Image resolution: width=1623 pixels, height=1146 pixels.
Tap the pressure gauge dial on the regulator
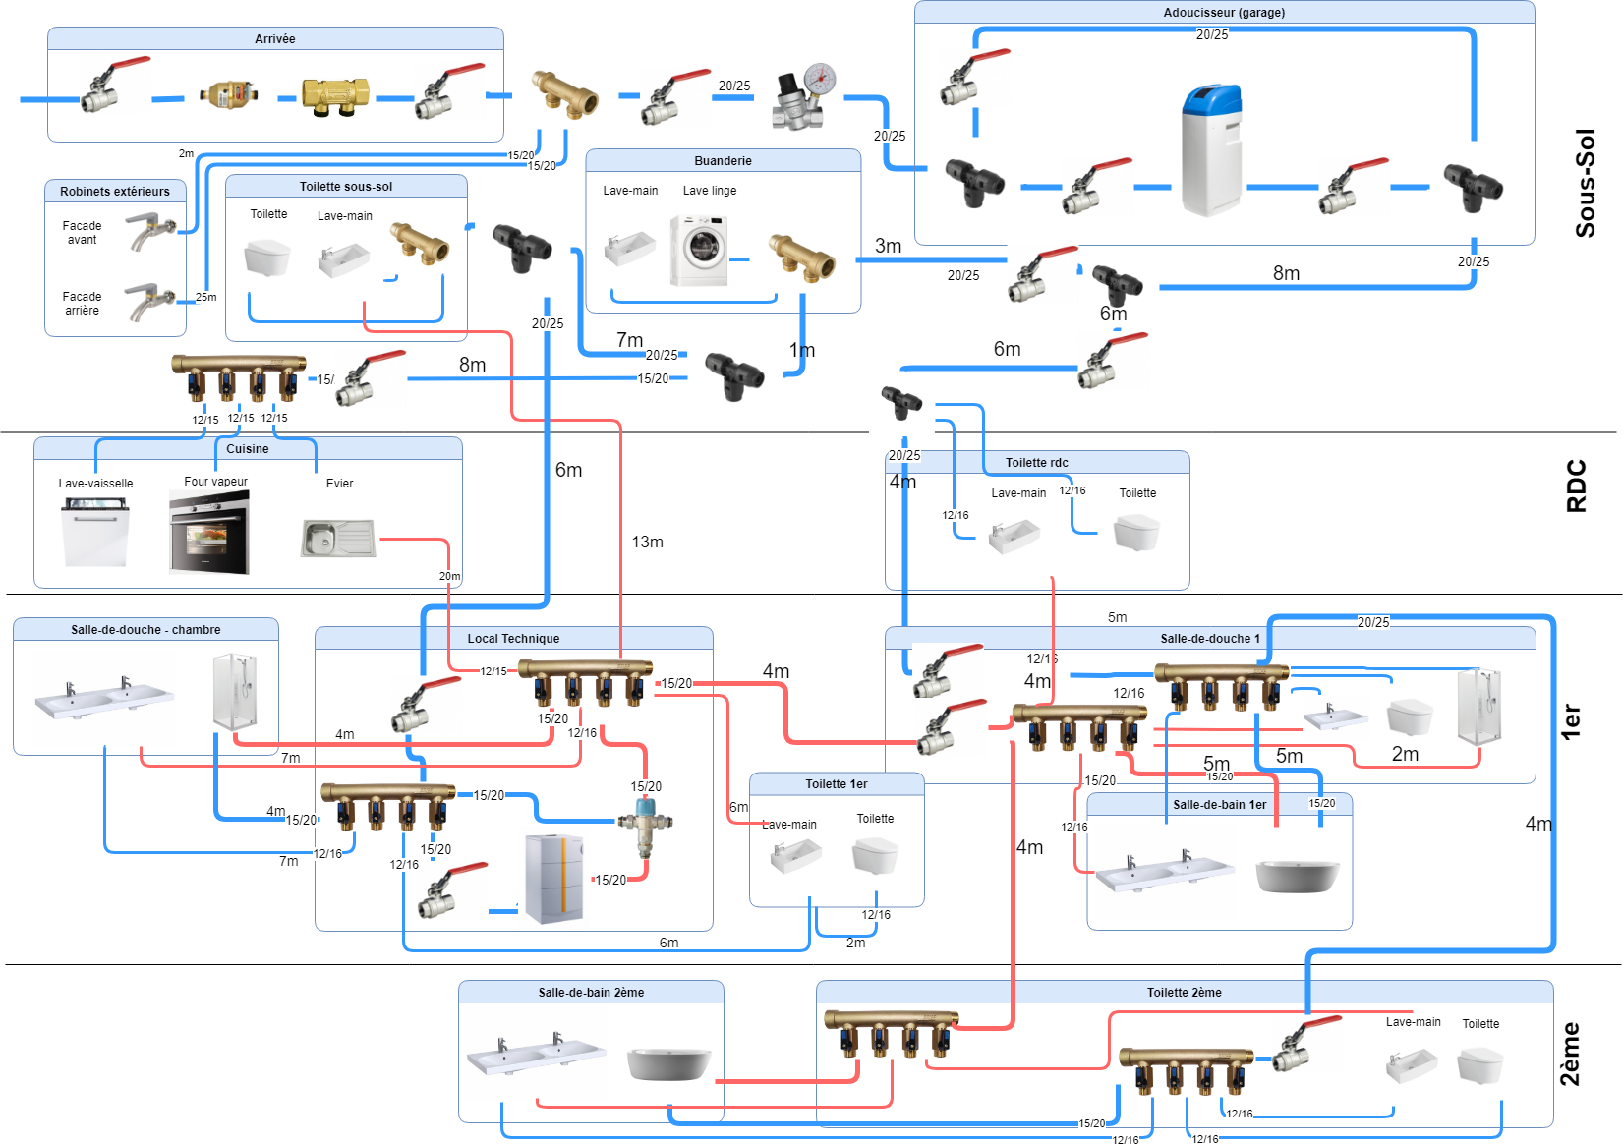819,79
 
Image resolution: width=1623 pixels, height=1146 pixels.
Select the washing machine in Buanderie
699,251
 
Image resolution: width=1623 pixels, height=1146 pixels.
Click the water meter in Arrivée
229,95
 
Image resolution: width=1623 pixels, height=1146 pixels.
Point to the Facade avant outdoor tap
148,231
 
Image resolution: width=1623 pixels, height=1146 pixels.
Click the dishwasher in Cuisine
95,532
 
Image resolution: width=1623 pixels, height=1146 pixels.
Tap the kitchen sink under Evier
338,539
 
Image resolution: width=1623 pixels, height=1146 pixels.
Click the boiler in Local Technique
554,879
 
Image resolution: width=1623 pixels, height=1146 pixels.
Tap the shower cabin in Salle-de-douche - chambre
235,691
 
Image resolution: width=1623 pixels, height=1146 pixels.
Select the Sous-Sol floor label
1585,183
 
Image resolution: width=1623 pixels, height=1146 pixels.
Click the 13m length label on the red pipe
647,542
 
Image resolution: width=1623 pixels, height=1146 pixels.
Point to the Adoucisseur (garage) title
1224,13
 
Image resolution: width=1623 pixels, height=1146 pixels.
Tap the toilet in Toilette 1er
875,856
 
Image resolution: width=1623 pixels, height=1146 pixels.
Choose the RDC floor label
1576,486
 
